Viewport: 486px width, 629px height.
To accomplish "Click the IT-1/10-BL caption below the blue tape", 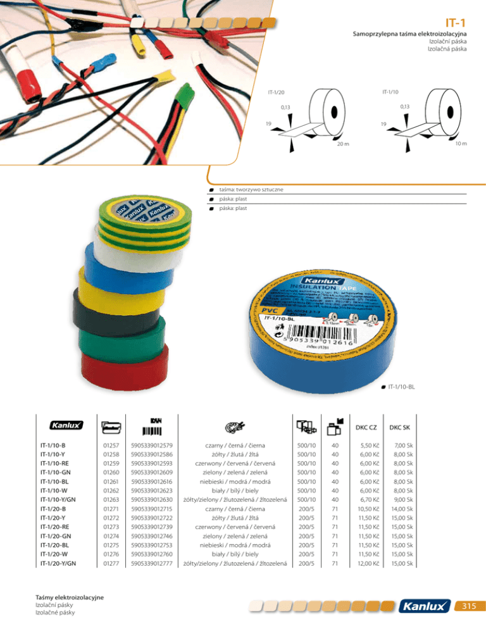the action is [403, 386].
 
